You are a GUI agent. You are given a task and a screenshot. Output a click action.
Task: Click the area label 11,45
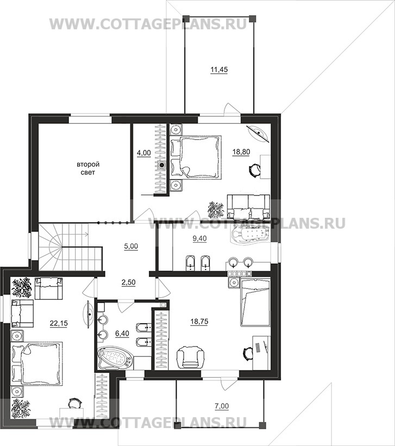point(219,70)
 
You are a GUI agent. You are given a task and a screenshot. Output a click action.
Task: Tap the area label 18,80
point(241,152)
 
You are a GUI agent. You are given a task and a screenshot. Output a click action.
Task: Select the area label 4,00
point(144,153)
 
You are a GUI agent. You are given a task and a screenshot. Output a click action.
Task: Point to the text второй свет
point(88,168)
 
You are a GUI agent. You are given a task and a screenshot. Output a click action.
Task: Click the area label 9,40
point(199,238)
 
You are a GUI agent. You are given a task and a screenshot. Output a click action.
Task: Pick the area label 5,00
point(131,246)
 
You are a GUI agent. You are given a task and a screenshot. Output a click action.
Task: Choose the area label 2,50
point(128,282)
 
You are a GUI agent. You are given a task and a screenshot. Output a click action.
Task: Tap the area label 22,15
point(59,323)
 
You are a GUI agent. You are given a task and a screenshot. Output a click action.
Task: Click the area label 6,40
point(122,333)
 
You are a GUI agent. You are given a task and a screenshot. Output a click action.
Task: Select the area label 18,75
point(199,322)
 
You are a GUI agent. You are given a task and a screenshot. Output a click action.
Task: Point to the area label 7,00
point(222,406)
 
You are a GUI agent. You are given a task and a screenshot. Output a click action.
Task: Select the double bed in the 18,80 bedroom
point(196,157)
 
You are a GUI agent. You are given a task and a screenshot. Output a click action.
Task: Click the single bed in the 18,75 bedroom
point(255,302)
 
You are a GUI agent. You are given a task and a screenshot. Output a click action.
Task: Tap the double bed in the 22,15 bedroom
point(36,364)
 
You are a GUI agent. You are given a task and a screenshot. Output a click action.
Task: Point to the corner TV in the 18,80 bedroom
point(259,133)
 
